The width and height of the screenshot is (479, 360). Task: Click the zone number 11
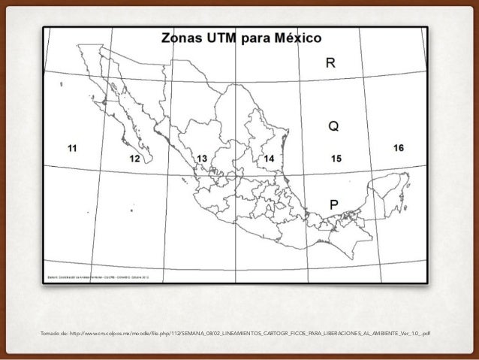click(x=71, y=148)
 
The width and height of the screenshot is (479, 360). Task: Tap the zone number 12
click(x=134, y=159)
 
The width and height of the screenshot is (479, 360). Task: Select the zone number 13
click(x=202, y=159)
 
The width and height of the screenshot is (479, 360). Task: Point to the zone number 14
click(x=269, y=159)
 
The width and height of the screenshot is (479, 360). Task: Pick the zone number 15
click(x=336, y=158)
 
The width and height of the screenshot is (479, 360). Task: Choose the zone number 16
click(x=398, y=148)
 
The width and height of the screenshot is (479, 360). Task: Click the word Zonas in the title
click(x=178, y=38)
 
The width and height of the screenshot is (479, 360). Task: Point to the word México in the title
click(x=296, y=38)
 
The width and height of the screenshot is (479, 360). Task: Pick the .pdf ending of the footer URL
click(x=426, y=333)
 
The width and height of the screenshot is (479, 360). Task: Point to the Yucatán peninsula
click(x=390, y=184)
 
